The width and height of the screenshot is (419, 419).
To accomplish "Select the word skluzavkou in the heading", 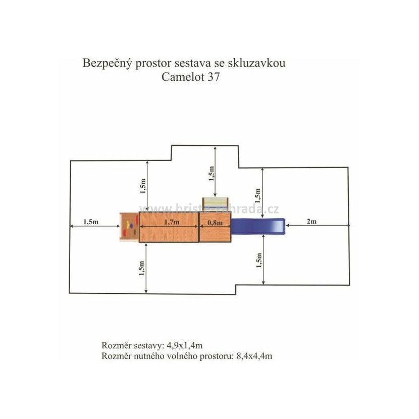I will pos(265,64).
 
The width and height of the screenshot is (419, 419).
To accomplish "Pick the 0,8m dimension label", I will pos(215,222).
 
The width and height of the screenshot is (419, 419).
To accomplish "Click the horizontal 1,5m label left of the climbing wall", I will pos(88,222).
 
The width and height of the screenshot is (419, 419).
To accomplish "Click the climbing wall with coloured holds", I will pos(129,227).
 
